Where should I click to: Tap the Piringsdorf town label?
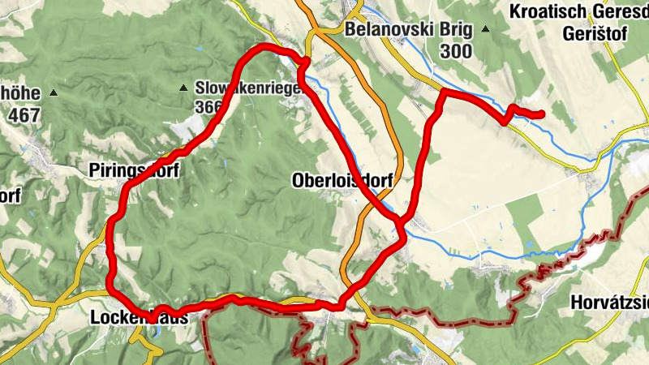(135, 170)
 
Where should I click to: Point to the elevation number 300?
(457, 51)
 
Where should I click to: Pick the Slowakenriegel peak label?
(247, 87)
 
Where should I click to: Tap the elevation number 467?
(24, 114)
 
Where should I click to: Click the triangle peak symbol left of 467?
(54, 92)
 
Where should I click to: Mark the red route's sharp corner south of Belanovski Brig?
(443, 92)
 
